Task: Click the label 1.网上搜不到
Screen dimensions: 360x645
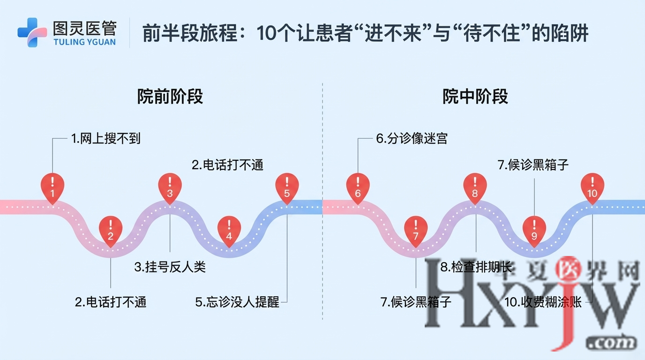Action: [105, 139]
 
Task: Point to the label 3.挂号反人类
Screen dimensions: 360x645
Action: [170, 267]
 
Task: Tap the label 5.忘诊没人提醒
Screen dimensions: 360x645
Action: [237, 302]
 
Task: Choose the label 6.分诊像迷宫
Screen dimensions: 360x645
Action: [412, 139]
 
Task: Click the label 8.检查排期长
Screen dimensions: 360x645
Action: [476, 267]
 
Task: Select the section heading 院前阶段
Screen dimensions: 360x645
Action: [170, 97]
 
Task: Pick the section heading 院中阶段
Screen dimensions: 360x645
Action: [475, 97]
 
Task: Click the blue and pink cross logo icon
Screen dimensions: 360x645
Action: [32, 32]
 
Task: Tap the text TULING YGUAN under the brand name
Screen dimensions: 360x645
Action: [84, 42]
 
